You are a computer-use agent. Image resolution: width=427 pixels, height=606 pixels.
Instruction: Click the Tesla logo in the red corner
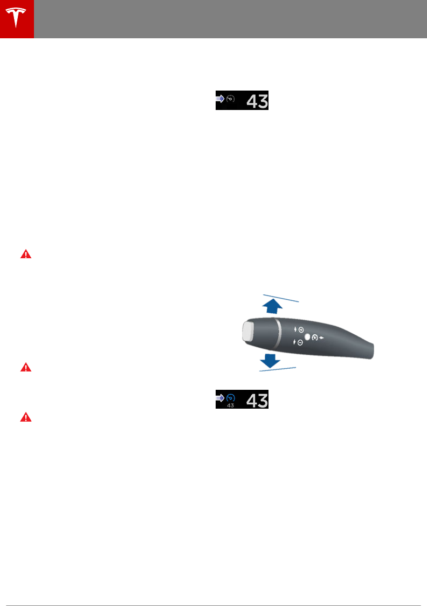[x=17, y=19]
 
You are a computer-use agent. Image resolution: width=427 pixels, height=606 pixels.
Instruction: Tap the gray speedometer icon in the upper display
[x=230, y=99]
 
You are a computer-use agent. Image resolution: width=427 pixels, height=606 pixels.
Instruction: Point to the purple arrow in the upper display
[x=220, y=99]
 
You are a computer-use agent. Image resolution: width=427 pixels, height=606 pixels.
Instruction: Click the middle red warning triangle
[x=25, y=367]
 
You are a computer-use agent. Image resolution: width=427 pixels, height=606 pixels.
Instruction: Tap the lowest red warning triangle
[x=25, y=417]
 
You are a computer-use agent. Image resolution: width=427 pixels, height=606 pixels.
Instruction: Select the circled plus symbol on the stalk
[x=300, y=329]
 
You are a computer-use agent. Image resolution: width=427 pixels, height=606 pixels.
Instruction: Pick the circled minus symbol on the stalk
[x=300, y=342]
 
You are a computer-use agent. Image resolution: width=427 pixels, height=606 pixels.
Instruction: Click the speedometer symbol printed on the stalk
[x=315, y=336]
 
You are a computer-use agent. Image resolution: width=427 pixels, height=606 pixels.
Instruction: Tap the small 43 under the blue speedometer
[x=230, y=405]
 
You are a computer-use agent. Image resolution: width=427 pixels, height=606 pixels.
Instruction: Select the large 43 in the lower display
[x=257, y=400]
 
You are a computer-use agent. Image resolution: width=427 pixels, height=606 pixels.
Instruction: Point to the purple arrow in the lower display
[x=220, y=398]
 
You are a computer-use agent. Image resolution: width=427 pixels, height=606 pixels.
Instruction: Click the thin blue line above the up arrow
[x=280, y=298]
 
